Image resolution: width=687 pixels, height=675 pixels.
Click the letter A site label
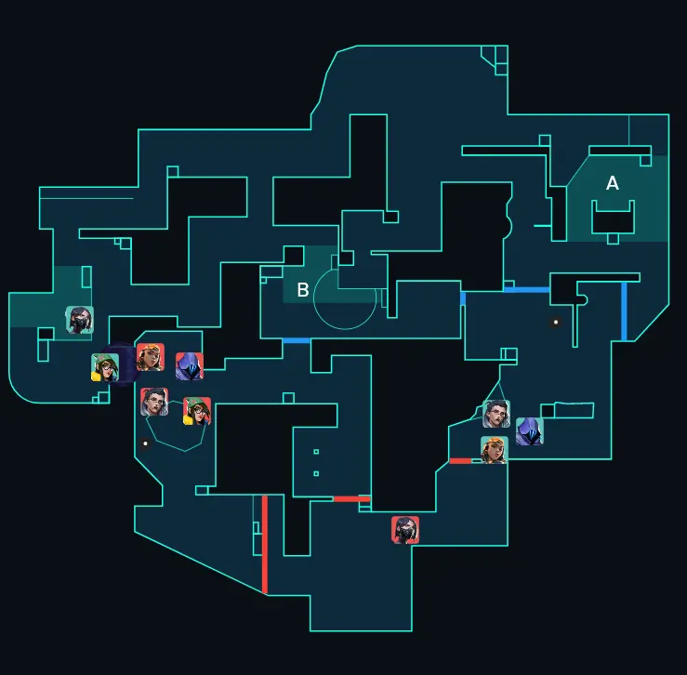(613, 183)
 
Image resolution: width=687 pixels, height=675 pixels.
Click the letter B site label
(302, 290)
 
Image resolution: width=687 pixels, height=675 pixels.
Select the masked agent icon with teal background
(80, 320)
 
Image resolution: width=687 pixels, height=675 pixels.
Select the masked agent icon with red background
(405, 530)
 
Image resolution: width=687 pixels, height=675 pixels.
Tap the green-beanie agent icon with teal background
(105, 367)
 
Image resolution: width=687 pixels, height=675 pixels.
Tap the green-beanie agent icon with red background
(197, 411)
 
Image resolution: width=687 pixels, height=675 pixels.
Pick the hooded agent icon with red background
(190, 366)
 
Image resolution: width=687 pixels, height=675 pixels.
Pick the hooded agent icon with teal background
(529, 431)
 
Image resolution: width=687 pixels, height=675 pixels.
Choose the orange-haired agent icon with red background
(151, 357)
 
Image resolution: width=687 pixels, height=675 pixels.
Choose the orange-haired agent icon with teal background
(495, 450)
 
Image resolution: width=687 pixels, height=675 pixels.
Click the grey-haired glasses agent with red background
(154, 402)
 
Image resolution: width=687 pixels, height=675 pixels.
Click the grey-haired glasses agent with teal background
(496, 414)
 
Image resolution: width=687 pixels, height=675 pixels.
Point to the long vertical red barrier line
(265, 544)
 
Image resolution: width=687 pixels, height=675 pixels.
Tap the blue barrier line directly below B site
(297, 341)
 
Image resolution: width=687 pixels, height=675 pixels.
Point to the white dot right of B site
(556, 322)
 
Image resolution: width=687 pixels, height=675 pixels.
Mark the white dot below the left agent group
(145, 443)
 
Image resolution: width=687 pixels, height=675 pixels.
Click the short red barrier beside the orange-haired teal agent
(460, 460)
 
